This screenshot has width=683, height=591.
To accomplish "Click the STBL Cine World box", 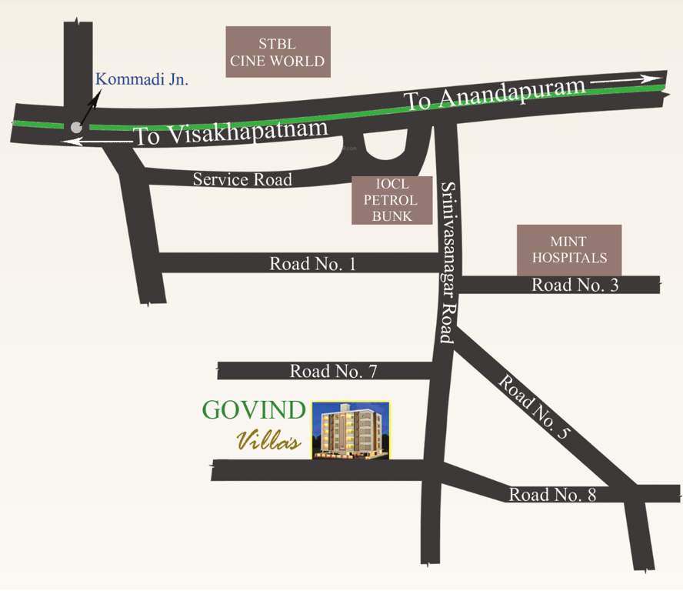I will (278, 52).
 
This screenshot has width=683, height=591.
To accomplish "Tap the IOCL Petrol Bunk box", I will (392, 200).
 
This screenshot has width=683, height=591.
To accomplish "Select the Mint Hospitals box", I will (569, 249).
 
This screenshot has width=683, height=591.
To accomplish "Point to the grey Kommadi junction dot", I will (75, 128).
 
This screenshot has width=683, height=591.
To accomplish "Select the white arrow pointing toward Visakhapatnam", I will (97, 142).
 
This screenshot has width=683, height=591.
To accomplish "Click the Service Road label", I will (242, 179).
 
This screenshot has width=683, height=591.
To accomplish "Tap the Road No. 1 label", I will (312, 264).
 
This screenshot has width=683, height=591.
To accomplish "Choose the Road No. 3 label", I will (575, 285).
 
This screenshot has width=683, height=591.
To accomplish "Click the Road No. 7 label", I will (333, 371).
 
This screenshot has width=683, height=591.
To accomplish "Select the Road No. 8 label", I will (552, 495).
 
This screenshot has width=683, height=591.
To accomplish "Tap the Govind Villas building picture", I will (351, 430).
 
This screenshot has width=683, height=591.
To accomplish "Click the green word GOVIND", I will (254, 410).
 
